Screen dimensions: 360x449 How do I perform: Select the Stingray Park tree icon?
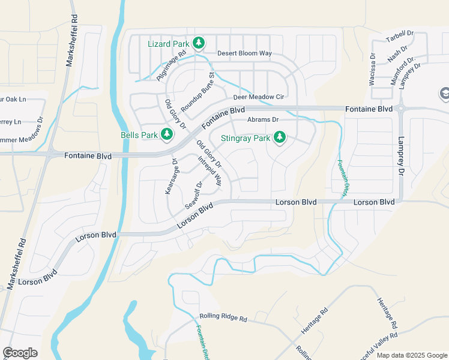(x=279, y=137)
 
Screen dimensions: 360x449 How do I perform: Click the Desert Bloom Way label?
(x=245, y=53)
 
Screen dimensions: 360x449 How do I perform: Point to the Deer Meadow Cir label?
(x=258, y=97)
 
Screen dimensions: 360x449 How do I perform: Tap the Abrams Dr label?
(x=264, y=120)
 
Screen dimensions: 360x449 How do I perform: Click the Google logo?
(x=20, y=353)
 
